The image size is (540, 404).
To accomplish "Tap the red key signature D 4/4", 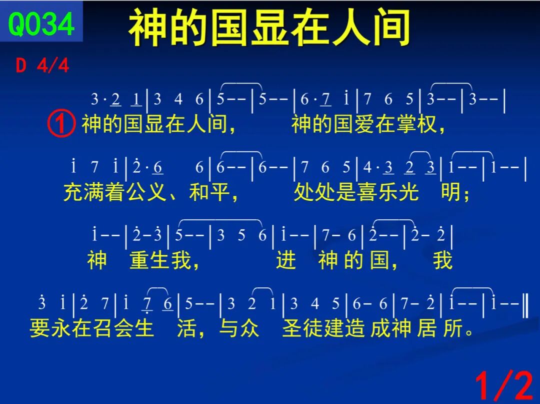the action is coord(42,65).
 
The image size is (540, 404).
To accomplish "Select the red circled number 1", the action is coord(61,124).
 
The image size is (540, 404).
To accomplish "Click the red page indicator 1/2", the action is coord(504,386).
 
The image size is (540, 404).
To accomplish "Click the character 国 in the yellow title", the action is coord(229,28).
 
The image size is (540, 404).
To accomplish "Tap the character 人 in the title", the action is coord(351,28).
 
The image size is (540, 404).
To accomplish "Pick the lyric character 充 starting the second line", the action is coord(73,192).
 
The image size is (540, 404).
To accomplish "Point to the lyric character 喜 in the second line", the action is coord(367,192).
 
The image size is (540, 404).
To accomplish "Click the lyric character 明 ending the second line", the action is coord(451,192).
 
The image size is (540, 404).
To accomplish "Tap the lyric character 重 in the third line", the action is coord(139,259).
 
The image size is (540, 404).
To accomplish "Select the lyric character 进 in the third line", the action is coord(286,259).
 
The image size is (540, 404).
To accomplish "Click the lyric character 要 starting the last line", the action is coord(39,327).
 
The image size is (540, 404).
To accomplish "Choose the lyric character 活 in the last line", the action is coord(187,327).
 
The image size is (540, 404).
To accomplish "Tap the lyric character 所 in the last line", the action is coord(453,327).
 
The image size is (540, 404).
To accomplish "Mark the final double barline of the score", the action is coord(525,304).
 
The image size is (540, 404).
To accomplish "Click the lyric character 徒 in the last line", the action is coord(313,327).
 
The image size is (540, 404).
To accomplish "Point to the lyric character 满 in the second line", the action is coord(94,192).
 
